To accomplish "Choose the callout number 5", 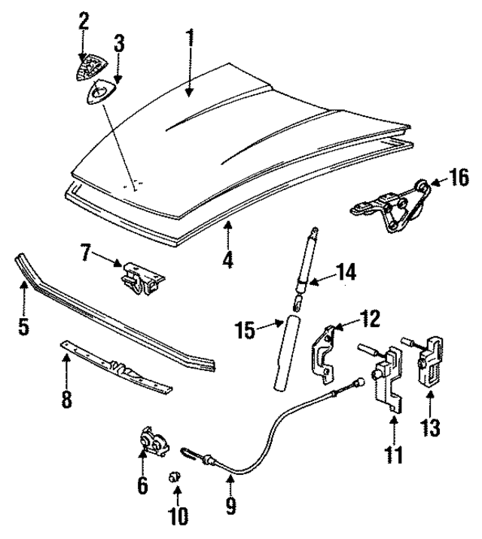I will tap(23, 328).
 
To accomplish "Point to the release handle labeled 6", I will tap(151, 444).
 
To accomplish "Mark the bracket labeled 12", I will tap(325, 354).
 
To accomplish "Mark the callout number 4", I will tap(227, 259).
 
